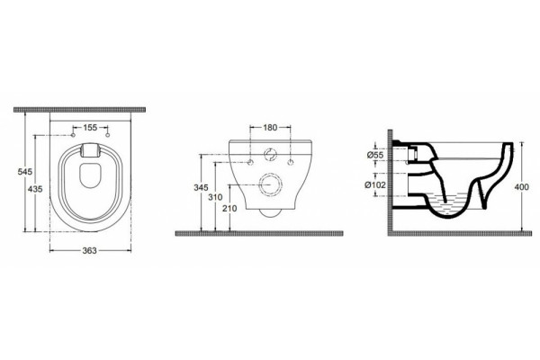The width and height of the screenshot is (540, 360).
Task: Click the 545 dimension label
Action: click(25, 171)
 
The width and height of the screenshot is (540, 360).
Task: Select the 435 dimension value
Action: click(35, 189)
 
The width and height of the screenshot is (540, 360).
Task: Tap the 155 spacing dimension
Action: click(90, 128)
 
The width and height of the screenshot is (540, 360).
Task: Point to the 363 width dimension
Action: click(89, 250)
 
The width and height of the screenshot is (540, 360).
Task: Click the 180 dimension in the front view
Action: click(270, 128)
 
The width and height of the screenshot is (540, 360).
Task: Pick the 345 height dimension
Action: click(201, 188)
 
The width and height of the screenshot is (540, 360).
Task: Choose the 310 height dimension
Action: click(215, 197)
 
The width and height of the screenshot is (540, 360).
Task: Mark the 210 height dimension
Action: click(229, 209)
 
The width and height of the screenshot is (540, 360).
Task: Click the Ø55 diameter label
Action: click(375, 155)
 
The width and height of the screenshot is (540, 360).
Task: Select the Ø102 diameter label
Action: click(375, 185)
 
